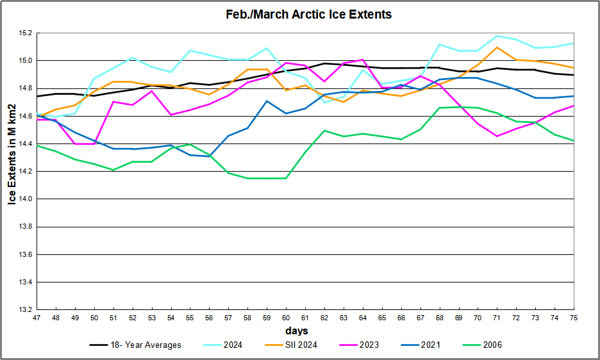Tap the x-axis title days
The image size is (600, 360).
297,331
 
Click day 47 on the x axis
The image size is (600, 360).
37,318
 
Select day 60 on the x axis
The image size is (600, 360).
286,318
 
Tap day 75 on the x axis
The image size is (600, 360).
573,318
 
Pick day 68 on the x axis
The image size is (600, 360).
439,318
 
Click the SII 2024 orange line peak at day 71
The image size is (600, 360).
497,47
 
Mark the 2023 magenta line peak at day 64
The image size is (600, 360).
363,60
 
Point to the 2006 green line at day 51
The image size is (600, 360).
113,170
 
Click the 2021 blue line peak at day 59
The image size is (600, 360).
267,101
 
